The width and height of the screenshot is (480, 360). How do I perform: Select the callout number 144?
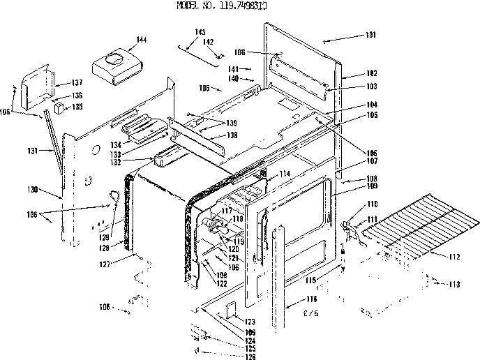click(x=142, y=40)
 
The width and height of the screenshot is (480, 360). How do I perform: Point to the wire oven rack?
click(x=419, y=223)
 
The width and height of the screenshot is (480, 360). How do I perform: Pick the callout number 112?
click(x=454, y=257)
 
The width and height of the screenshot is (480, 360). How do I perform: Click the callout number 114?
click(x=284, y=173)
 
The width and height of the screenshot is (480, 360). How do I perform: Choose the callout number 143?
click(x=200, y=32)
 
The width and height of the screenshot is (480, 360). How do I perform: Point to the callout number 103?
click(x=370, y=87)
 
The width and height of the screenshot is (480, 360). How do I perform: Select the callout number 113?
click(x=454, y=285)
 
